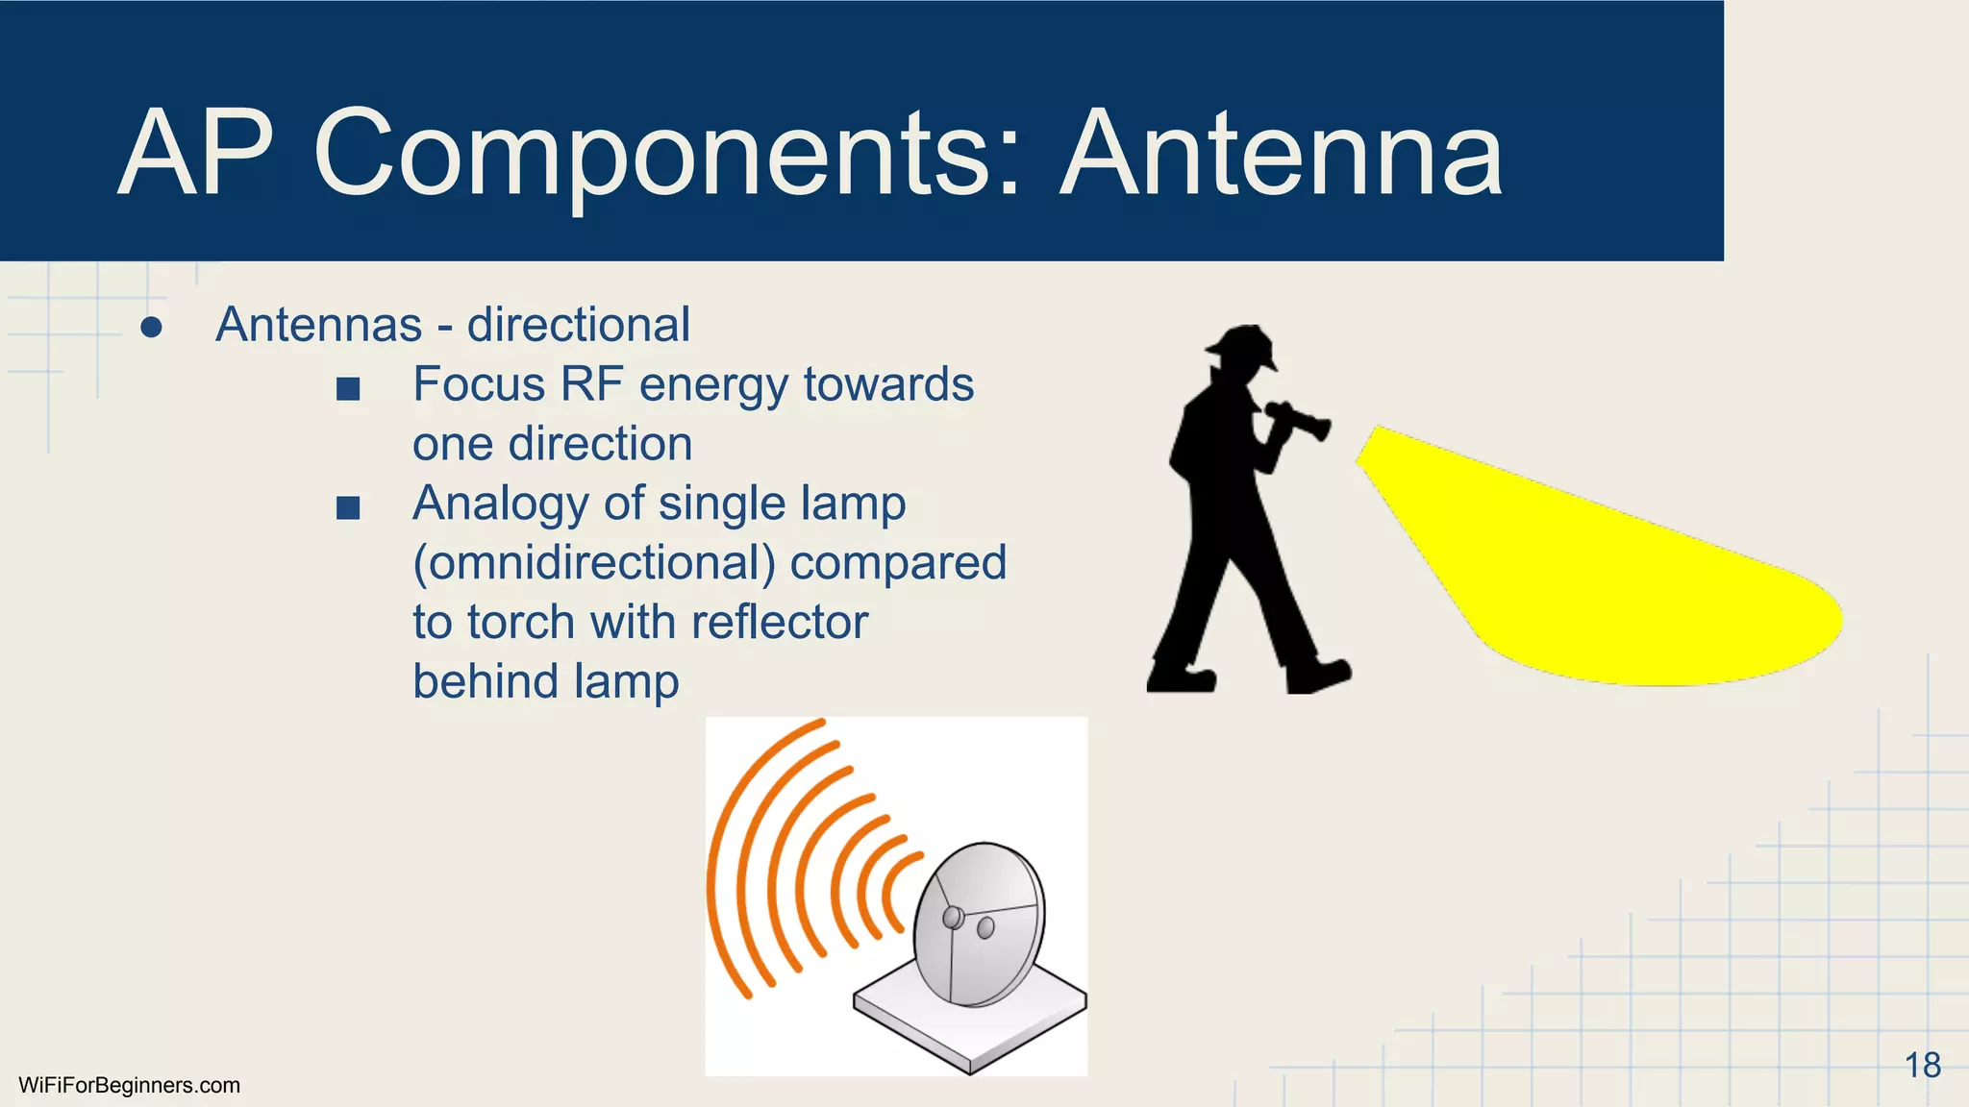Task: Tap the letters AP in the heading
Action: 197,154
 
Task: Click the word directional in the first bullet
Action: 578,325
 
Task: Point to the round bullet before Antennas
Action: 151,328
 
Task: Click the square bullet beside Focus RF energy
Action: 348,389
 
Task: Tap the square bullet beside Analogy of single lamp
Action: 348,507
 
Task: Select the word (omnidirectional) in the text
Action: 593,564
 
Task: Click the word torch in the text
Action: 520,622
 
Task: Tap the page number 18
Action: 1922,1066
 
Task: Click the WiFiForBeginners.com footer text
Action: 129,1086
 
